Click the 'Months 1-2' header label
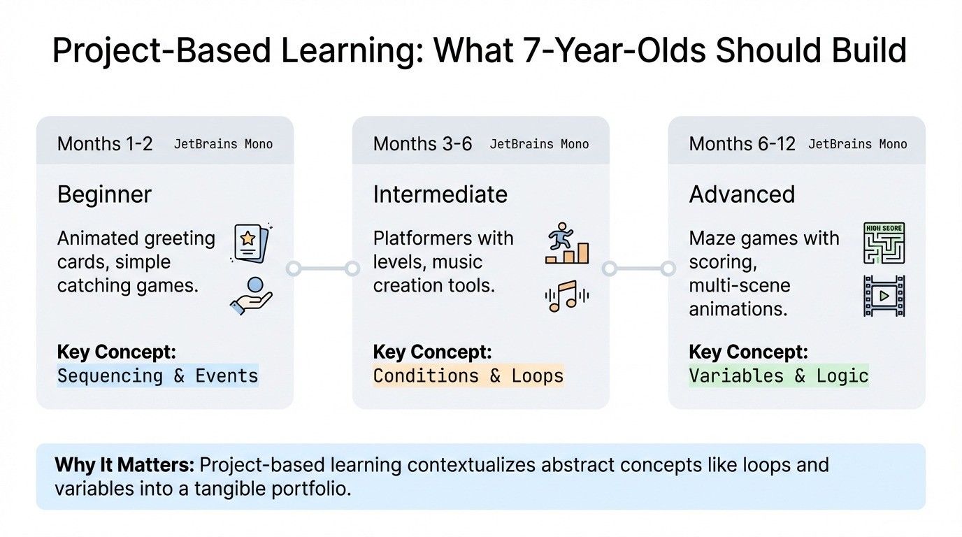[x=105, y=144]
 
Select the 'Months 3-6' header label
[x=422, y=144]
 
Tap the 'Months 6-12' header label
[x=742, y=144]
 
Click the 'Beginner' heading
[x=104, y=194]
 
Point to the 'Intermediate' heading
[x=440, y=194]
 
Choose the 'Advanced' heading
[x=742, y=194]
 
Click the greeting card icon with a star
[x=251, y=243]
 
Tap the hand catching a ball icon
[x=251, y=295]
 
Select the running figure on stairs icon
[x=566, y=244]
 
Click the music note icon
[x=566, y=296]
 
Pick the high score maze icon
[x=884, y=244]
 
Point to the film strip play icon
[x=884, y=296]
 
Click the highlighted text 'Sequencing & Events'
[x=157, y=375]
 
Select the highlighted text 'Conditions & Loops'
[x=468, y=375]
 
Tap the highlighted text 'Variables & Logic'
[x=778, y=375]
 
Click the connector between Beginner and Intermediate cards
[x=322, y=268]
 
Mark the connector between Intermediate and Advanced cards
[x=639, y=268]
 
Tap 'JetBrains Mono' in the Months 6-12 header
[x=857, y=145]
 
